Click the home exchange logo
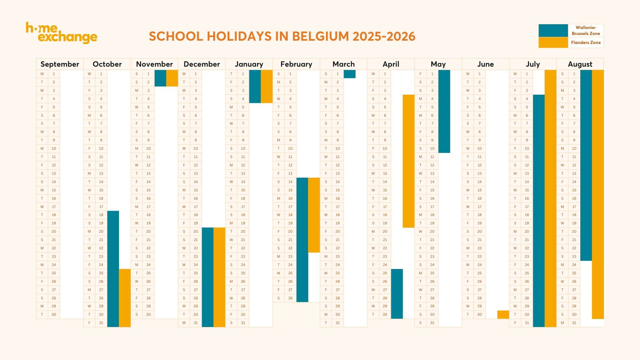(x=62, y=33)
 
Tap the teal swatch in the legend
(x=553, y=30)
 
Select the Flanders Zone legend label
(x=586, y=43)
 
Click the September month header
(x=60, y=64)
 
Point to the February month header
(x=296, y=64)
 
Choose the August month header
(x=580, y=64)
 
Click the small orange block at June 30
(x=503, y=314)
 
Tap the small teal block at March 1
(x=349, y=74)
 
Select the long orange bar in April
(x=408, y=161)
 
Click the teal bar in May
(x=444, y=111)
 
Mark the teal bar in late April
(x=397, y=294)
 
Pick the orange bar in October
(x=125, y=298)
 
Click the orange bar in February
(x=314, y=215)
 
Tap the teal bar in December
(x=208, y=277)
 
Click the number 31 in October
(x=101, y=323)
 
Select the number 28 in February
(x=290, y=298)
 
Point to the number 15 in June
(x=479, y=190)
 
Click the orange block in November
(x=172, y=78)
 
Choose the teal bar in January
(x=255, y=86)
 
